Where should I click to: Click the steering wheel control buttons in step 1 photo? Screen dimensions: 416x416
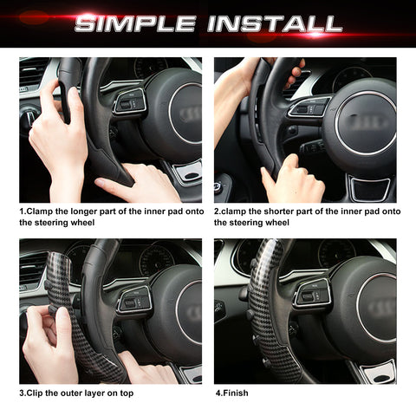point(131,102)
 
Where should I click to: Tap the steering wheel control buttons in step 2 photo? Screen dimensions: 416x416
point(309,107)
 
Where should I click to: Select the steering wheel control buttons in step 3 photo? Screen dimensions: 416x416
point(134,299)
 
